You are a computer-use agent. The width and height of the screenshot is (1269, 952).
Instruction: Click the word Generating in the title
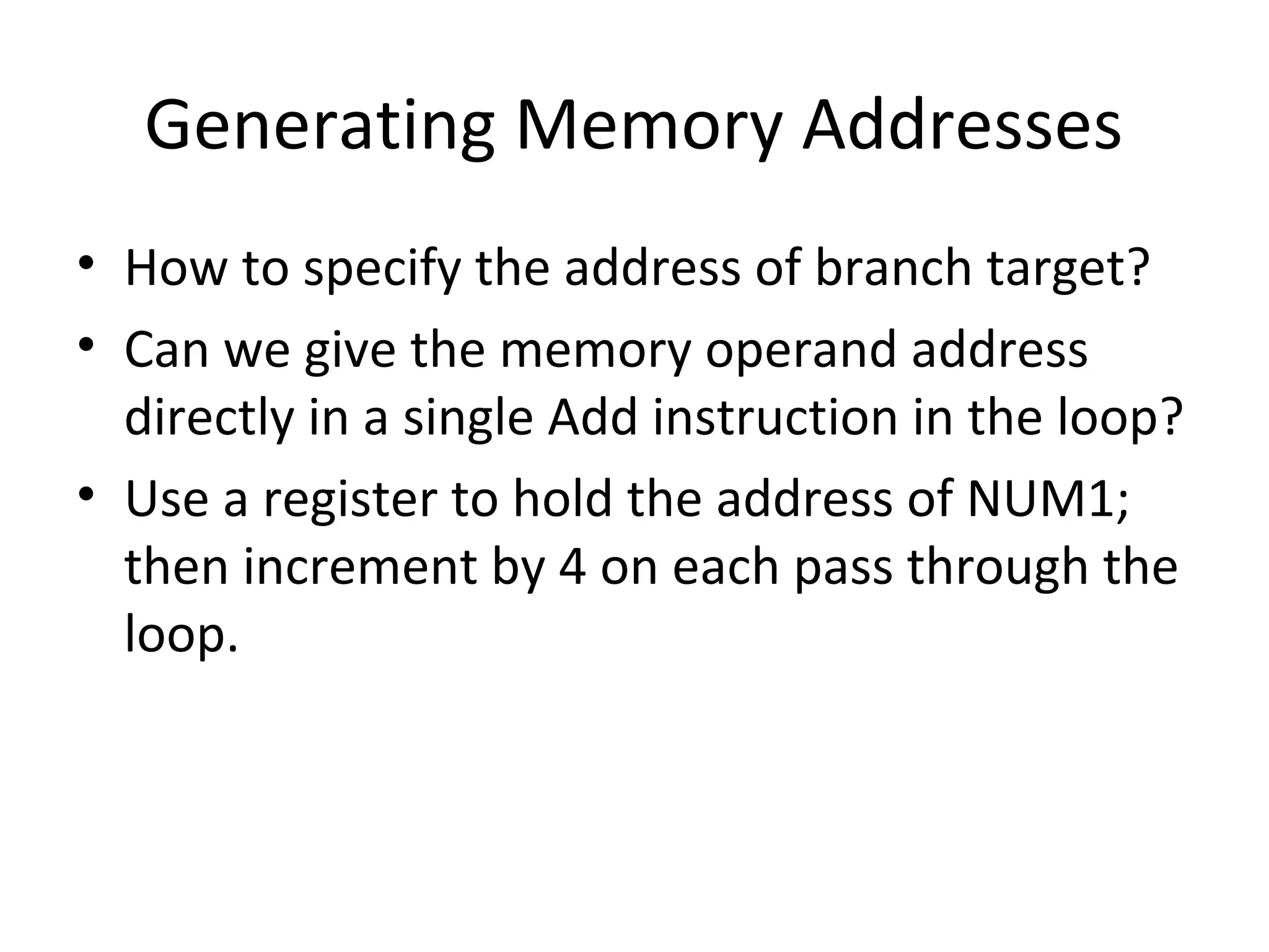[x=320, y=126]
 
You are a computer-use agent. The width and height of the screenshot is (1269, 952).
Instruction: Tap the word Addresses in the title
[x=961, y=126]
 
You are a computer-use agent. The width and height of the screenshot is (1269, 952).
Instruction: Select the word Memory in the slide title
[x=647, y=126]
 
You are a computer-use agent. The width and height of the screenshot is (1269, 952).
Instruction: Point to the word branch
[x=893, y=268]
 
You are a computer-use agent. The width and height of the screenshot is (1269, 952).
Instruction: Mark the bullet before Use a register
[x=86, y=493]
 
